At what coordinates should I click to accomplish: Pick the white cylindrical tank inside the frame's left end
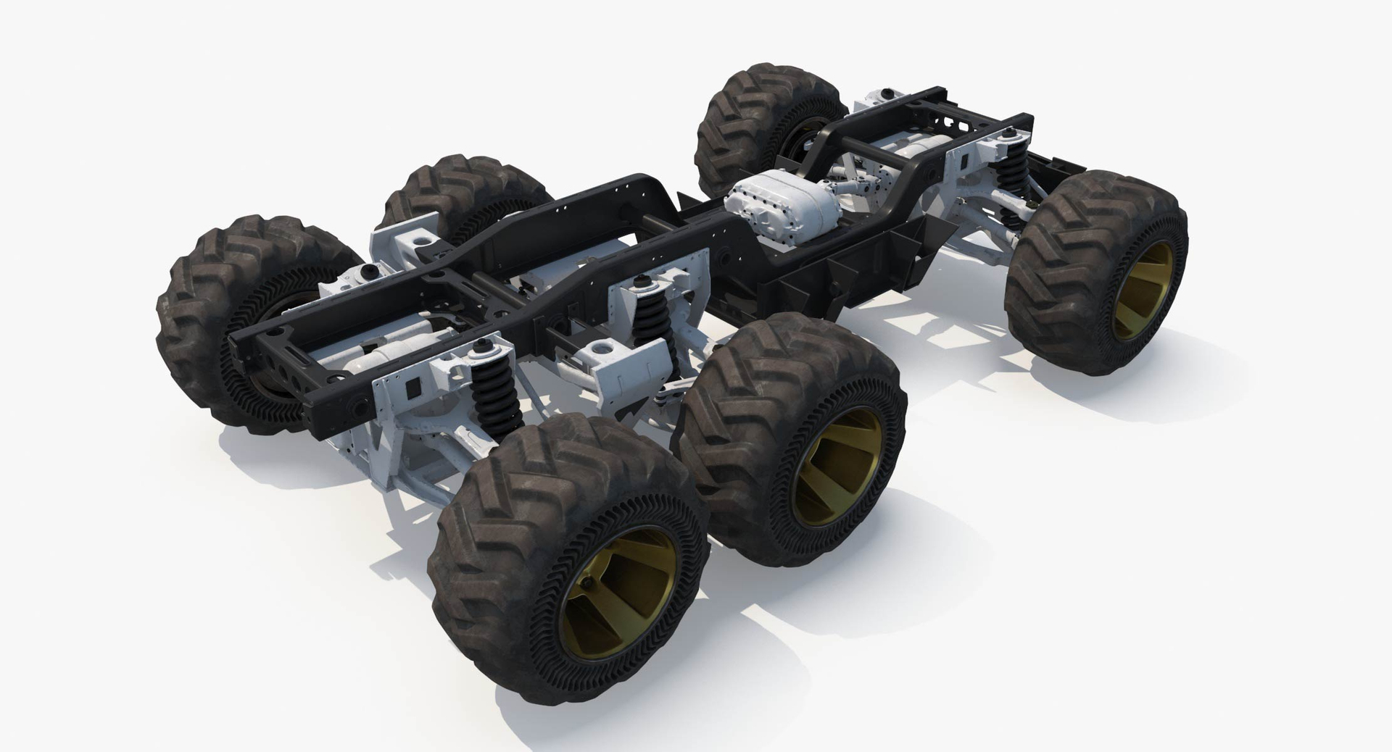tap(395, 355)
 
